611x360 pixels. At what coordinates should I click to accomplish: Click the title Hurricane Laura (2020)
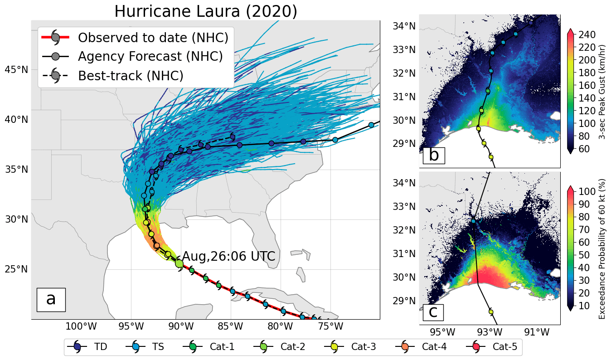206,11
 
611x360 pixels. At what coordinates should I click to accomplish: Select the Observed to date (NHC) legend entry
135,37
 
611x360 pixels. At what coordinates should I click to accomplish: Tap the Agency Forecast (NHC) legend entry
132,56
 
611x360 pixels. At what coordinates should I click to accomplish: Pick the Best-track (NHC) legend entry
112,76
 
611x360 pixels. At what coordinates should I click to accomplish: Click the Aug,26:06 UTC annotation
228,256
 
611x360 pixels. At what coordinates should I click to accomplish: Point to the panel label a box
51,300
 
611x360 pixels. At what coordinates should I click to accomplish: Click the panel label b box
434,156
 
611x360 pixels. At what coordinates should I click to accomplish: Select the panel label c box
433,312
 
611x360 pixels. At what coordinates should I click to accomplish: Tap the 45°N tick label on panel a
16,70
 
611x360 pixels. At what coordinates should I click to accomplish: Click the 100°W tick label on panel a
81,326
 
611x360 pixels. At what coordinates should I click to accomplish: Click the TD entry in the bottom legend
87,347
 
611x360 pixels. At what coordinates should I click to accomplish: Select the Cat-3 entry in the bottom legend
350,347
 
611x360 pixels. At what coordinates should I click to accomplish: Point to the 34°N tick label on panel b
404,26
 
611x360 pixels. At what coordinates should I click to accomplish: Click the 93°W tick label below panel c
490,332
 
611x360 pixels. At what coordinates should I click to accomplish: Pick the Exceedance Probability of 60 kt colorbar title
602,248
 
